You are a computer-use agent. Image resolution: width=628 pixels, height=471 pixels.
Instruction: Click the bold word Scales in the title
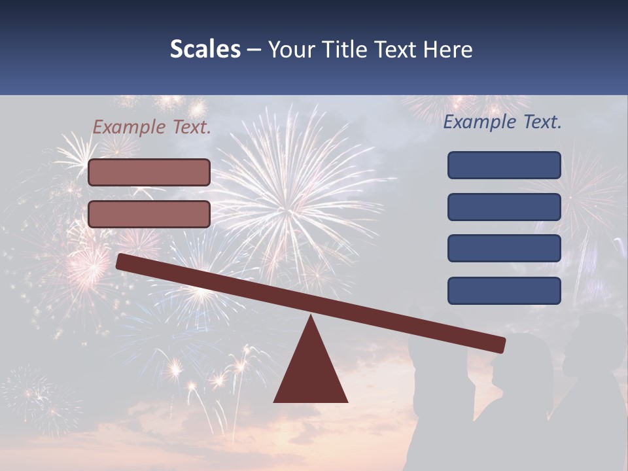click(x=205, y=50)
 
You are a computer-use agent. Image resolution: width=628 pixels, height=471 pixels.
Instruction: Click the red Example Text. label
click(x=151, y=128)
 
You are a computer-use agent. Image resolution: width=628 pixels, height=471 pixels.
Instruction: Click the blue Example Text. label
click(x=502, y=122)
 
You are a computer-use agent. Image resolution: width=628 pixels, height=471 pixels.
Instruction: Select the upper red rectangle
click(x=149, y=172)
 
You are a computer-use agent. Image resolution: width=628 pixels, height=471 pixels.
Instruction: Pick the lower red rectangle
click(x=149, y=214)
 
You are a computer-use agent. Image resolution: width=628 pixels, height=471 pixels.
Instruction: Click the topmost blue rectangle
click(x=504, y=165)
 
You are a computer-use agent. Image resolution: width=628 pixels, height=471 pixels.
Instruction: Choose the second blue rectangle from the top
click(x=504, y=207)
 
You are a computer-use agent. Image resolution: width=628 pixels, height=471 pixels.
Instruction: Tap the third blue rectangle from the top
click(x=504, y=249)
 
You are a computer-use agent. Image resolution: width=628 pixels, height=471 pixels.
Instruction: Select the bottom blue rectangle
click(x=504, y=290)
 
